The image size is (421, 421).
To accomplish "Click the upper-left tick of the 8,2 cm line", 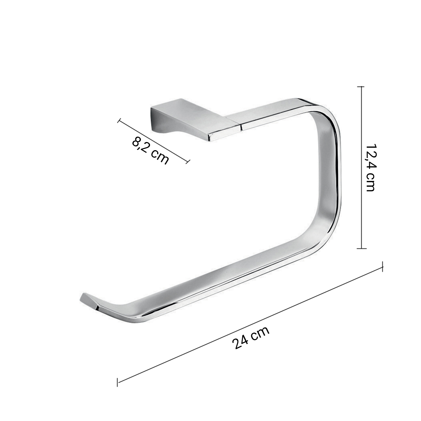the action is (119, 121).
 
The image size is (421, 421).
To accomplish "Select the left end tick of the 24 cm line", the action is (118, 382).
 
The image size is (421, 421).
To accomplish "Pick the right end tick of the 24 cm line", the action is (383, 267).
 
